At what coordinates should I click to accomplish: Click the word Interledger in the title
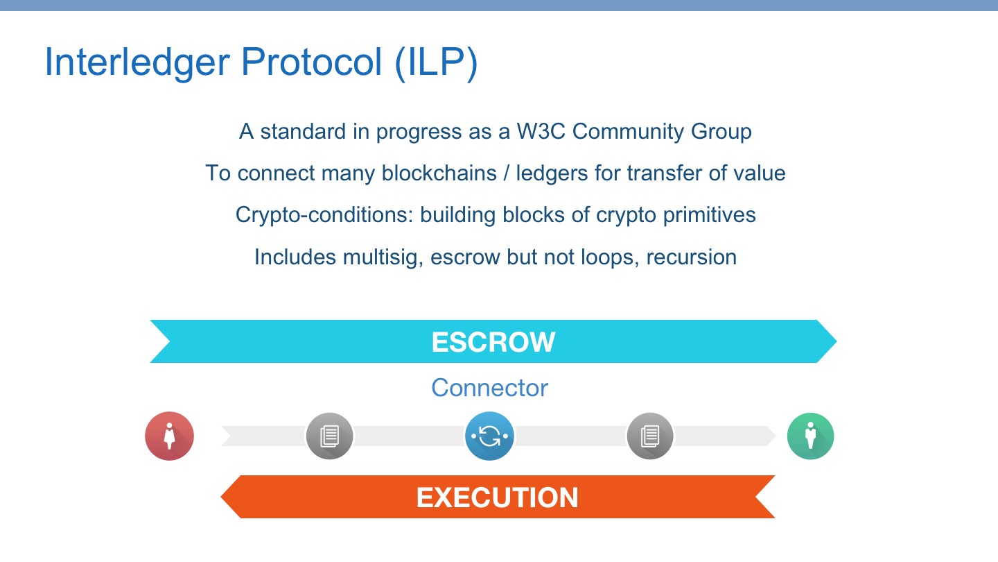tap(137, 63)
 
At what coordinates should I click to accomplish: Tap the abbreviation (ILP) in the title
tap(436, 63)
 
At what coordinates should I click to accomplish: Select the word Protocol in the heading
tap(311, 62)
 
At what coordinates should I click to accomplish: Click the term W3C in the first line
tap(541, 131)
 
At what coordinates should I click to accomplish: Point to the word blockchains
tap(439, 173)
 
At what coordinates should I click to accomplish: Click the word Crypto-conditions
tap(324, 215)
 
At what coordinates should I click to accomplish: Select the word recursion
tap(692, 257)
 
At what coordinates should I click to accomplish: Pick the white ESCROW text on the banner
tap(493, 342)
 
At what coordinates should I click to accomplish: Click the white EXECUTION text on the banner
tap(497, 497)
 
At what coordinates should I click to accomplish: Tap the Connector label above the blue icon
tap(489, 388)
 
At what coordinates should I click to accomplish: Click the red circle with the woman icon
tap(169, 436)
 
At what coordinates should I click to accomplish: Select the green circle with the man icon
tap(810, 436)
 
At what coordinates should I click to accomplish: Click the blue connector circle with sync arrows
tap(489, 436)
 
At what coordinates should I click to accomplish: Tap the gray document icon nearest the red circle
tap(330, 436)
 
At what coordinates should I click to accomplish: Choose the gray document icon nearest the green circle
tap(650, 436)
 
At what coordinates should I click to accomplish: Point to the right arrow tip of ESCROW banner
tap(837, 341)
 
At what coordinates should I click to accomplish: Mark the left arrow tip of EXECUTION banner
tap(222, 497)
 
